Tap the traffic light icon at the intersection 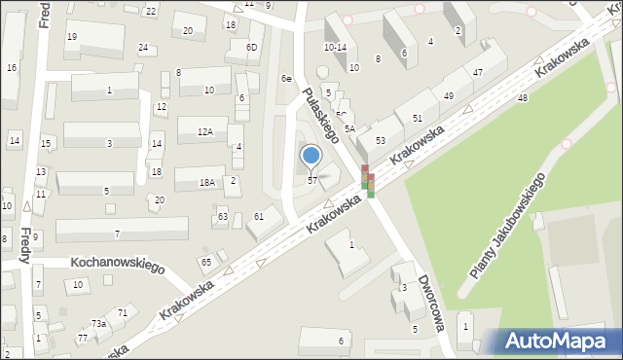(x=368, y=182)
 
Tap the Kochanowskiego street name (x=118, y=266)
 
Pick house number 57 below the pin (x=311, y=180)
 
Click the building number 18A (x=207, y=182)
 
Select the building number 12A (x=204, y=131)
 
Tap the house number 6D (x=252, y=48)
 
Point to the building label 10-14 (x=335, y=47)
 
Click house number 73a (x=98, y=323)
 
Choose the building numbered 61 (x=259, y=216)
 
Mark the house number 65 (x=205, y=263)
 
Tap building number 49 (x=448, y=96)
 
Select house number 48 (x=523, y=98)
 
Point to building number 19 (x=72, y=37)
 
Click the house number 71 (x=123, y=312)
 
